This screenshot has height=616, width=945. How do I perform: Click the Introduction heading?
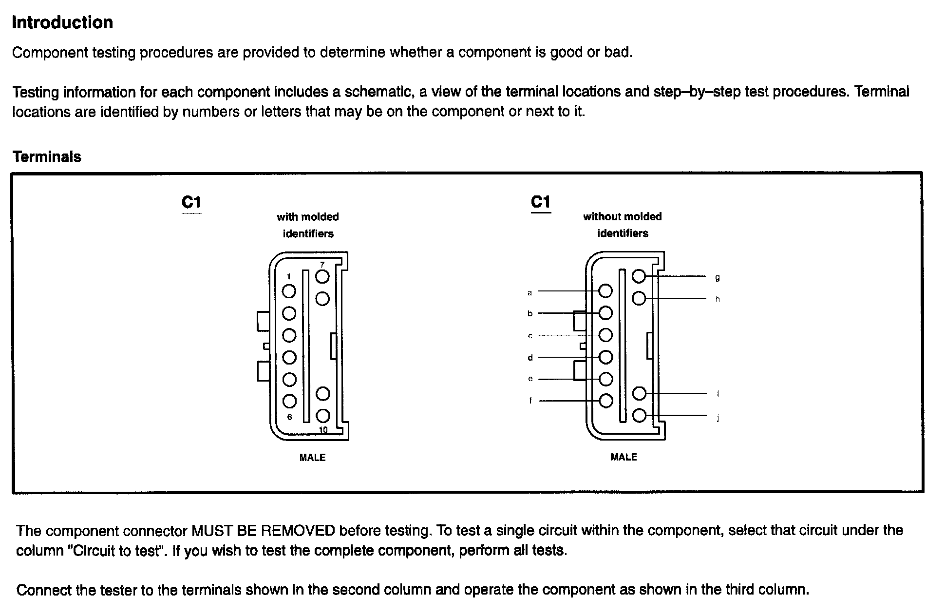(x=62, y=22)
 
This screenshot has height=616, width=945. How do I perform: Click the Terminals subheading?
(x=47, y=156)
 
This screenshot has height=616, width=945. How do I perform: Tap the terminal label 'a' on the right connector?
(x=530, y=293)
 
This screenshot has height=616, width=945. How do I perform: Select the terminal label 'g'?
(x=718, y=278)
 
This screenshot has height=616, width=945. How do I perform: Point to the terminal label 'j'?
(x=718, y=418)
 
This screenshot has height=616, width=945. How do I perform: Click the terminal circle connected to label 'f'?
(x=605, y=401)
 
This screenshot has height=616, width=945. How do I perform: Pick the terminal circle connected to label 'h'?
(x=639, y=298)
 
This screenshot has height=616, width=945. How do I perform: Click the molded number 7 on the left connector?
(x=322, y=265)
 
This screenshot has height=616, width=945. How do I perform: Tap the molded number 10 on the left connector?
(x=323, y=430)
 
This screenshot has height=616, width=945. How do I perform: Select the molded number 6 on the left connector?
(x=289, y=417)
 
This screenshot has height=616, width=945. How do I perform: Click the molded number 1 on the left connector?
(x=289, y=277)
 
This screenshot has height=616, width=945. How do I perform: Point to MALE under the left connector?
(x=312, y=458)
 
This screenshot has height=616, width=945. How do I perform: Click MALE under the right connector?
(x=624, y=457)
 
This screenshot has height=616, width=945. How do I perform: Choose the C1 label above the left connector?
(x=191, y=202)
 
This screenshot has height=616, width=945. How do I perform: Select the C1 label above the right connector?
(x=541, y=202)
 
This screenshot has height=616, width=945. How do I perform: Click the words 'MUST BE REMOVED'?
(x=263, y=530)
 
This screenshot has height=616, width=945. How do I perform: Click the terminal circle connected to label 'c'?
(x=605, y=335)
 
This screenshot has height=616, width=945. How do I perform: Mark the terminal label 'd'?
(x=530, y=358)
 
